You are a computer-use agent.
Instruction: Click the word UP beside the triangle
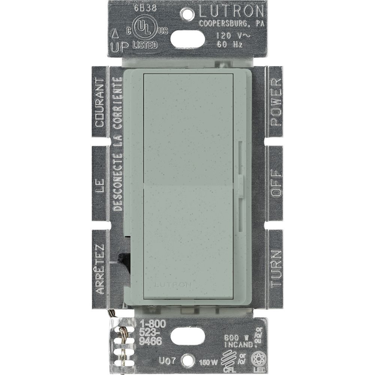[x=120, y=46]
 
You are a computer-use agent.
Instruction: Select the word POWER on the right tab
[x=276, y=102]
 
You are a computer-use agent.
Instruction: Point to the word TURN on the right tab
[x=276, y=268]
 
